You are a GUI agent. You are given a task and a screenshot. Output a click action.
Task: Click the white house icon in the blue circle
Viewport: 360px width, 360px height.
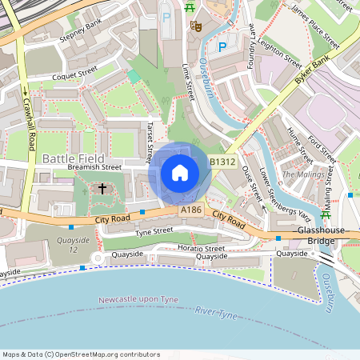(180, 173)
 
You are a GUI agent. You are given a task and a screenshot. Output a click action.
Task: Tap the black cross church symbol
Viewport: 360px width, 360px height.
(102, 189)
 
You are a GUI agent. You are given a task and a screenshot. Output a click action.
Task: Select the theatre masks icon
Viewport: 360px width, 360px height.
(194, 26)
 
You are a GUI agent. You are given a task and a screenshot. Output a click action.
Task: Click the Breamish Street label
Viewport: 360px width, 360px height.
(94, 168)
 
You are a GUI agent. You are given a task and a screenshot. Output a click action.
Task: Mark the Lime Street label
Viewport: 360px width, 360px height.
(190, 83)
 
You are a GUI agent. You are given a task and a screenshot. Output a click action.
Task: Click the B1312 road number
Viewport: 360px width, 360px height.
(223, 162)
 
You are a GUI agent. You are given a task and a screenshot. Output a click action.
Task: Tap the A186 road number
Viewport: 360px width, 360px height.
(191, 210)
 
